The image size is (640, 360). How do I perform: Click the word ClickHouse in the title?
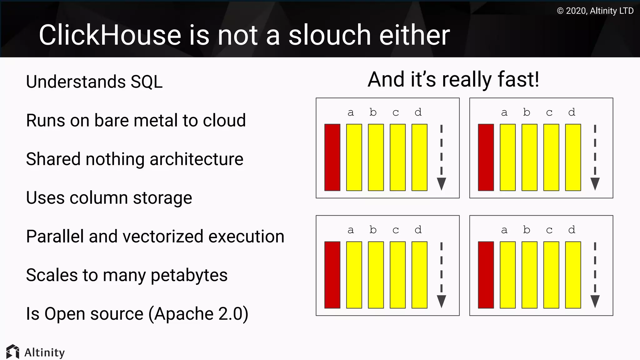click(110, 35)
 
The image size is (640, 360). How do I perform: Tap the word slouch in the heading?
click(329, 35)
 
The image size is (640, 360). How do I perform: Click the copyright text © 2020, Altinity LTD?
click(595, 11)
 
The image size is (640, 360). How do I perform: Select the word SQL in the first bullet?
click(147, 82)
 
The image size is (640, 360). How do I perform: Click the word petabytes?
click(189, 275)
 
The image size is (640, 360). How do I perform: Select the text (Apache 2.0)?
click(198, 314)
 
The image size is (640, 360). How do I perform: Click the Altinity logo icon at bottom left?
click(13, 352)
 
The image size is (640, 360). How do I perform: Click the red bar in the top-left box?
click(332, 157)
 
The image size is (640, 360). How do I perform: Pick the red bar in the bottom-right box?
click(486, 275)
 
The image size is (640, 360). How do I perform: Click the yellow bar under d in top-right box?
click(573, 157)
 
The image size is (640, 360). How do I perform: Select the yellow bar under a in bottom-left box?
click(354, 275)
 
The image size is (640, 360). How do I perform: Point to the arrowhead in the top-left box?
click(441, 184)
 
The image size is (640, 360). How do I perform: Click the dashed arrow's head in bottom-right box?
click(595, 301)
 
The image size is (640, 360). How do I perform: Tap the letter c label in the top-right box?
click(549, 112)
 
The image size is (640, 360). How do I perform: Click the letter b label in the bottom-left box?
click(373, 230)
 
